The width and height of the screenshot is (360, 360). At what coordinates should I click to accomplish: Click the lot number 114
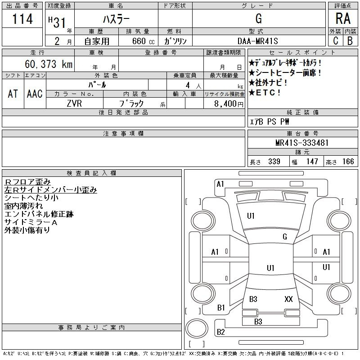22,19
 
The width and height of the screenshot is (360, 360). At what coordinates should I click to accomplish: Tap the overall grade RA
343,18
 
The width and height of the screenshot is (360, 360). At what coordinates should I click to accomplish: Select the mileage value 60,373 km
49,64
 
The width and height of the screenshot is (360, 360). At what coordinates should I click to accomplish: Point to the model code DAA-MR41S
257,41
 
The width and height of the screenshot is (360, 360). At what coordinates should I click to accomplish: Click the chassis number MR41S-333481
302,143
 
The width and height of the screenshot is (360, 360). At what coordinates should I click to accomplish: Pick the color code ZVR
74,103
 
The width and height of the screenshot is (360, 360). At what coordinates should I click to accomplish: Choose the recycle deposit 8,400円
229,104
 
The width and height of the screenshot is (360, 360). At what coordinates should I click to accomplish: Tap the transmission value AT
13,94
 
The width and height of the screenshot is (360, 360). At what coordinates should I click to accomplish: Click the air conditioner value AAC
35,94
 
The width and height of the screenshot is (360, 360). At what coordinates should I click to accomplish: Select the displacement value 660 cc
143,41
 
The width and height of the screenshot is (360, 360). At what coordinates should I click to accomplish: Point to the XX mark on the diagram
288,299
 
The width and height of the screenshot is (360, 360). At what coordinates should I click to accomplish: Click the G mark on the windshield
285,237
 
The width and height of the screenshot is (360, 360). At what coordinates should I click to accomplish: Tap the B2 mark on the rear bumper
220,332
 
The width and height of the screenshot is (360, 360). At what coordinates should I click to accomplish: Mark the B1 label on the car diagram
221,308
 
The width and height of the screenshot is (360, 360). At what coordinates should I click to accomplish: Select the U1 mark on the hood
251,216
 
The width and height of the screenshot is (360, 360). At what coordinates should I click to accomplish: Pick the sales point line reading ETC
264,93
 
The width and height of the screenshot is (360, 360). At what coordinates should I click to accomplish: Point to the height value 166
348,162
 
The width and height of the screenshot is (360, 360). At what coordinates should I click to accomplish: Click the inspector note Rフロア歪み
27,182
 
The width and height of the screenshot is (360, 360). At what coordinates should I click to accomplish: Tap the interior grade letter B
350,41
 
